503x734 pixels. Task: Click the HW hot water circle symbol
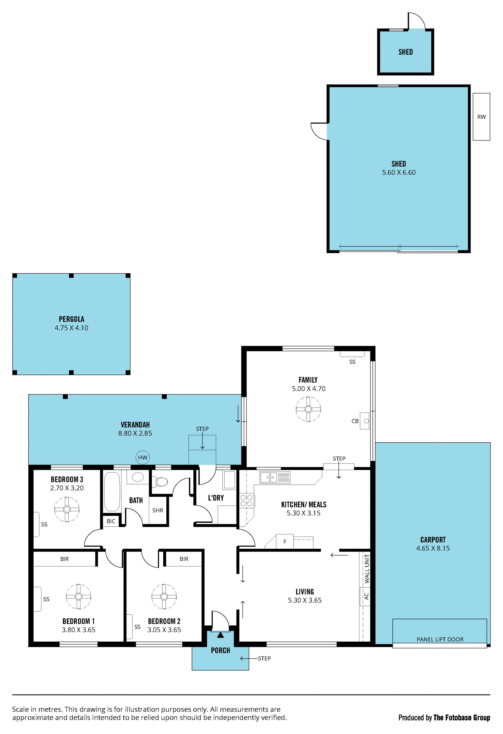click(x=143, y=457)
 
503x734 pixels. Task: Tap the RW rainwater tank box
click(x=481, y=116)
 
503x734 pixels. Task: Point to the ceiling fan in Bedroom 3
click(x=67, y=509)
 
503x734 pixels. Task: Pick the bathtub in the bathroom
click(x=112, y=491)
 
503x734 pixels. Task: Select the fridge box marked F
click(x=285, y=541)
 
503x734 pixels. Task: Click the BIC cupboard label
click(x=111, y=521)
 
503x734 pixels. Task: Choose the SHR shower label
click(x=158, y=510)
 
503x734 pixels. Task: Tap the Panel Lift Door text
click(x=440, y=639)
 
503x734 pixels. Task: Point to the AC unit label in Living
click(x=366, y=596)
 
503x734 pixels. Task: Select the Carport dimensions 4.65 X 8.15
click(x=433, y=548)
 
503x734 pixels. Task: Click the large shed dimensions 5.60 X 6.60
click(x=399, y=173)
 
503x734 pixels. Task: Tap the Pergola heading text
click(x=72, y=319)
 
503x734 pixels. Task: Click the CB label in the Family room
click(x=355, y=421)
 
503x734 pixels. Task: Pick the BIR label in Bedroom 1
click(x=64, y=559)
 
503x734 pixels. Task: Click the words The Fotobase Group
click(x=462, y=718)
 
